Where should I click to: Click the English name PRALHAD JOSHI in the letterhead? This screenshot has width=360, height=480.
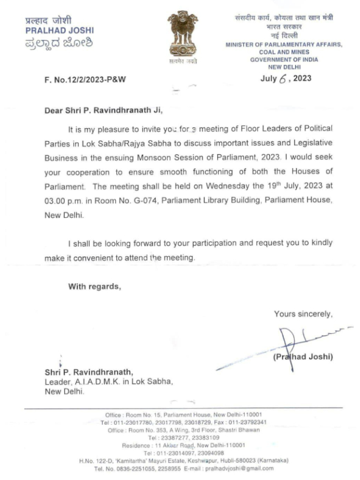click(59, 30)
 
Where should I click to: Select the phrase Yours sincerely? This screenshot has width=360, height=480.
click(304, 313)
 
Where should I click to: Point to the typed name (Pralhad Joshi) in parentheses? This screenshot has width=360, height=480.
click(303, 358)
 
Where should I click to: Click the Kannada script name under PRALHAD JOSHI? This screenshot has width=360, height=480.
click(59, 43)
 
